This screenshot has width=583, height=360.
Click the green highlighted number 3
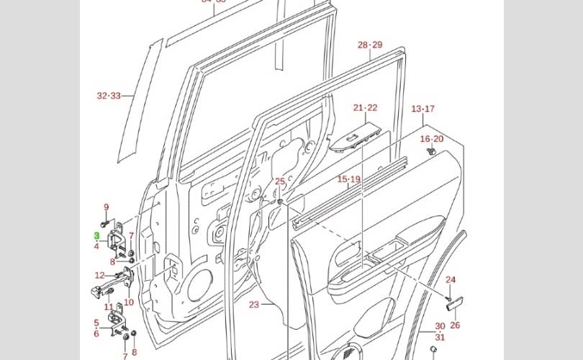(96, 235)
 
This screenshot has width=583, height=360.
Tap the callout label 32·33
(109, 95)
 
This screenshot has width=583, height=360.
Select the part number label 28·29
(370, 45)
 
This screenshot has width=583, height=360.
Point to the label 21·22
(365, 108)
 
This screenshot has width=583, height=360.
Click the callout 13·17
(422, 109)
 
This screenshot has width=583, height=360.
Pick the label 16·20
(432, 139)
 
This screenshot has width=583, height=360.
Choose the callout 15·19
(348, 179)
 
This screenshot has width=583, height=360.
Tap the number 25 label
(280, 181)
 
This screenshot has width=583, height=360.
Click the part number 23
(254, 305)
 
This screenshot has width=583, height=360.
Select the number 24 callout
(451, 280)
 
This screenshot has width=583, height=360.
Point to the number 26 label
(454, 325)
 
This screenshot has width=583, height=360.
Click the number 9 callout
(106, 207)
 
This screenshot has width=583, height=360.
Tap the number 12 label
(100, 275)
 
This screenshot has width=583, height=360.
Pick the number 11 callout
(109, 307)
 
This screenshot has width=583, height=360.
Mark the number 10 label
(129, 302)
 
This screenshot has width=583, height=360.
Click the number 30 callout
(440, 327)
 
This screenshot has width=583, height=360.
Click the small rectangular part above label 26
(455, 305)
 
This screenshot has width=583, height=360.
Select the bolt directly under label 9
(105, 222)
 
